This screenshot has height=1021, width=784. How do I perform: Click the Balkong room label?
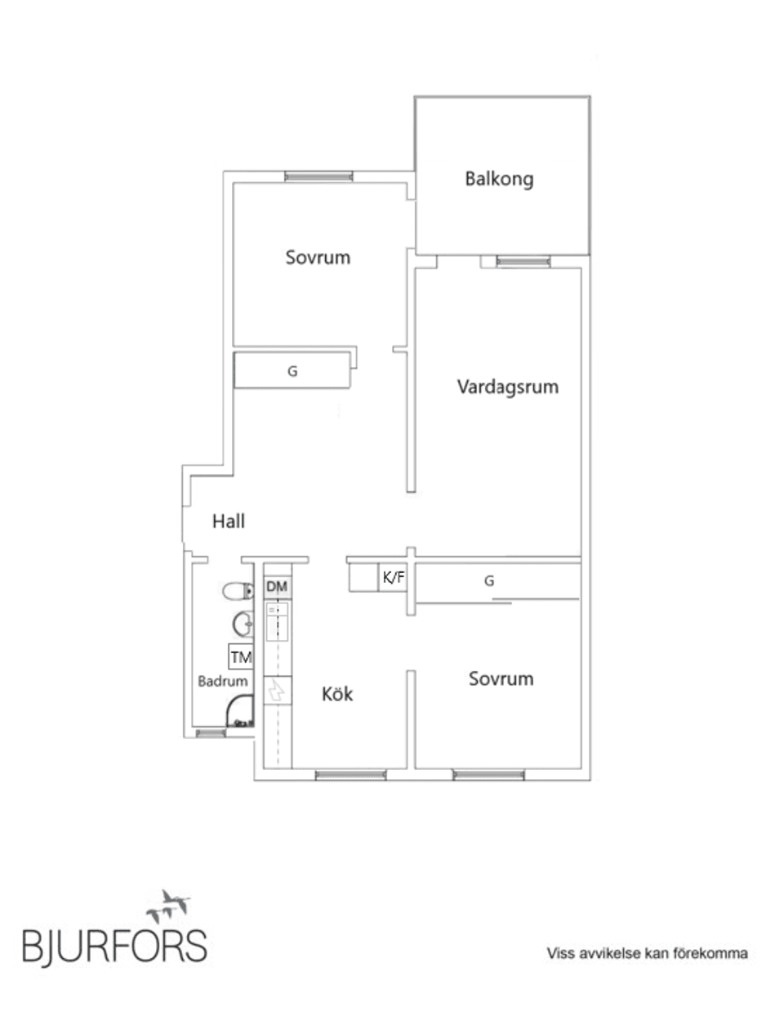[x=499, y=178]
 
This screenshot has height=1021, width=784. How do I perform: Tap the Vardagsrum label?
[x=507, y=387]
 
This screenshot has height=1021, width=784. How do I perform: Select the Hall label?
[x=228, y=521]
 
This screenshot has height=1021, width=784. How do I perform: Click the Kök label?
[x=337, y=694]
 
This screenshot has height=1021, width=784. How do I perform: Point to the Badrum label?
[x=222, y=681]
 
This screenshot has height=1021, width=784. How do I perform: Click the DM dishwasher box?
[x=278, y=587]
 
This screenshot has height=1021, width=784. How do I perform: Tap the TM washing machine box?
[x=241, y=657]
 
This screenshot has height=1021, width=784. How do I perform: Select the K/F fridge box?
[x=393, y=578]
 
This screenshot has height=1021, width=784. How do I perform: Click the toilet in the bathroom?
[x=238, y=590]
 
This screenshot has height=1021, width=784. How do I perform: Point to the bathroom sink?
[x=243, y=625]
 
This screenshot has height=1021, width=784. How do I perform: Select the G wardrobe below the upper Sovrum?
[x=292, y=370]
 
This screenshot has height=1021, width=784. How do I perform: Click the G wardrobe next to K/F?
[x=490, y=581]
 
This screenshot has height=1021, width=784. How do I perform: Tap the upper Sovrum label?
[x=318, y=257]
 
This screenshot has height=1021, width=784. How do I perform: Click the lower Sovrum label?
[x=501, y=678]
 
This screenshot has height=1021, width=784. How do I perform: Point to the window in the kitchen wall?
[x=350, y=774]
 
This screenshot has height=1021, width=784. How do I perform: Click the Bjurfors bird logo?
[x=169, y=905]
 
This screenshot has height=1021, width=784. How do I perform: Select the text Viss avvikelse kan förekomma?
[x=647, y=953]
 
